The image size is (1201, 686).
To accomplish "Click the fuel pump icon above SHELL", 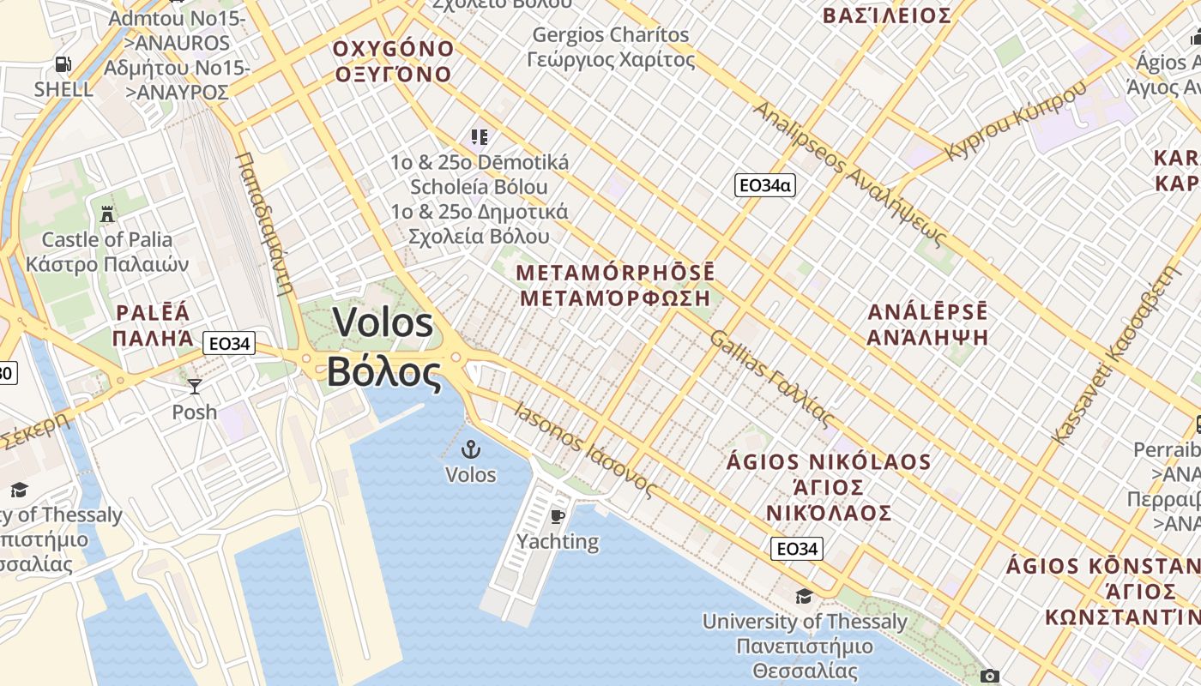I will click(63, 63).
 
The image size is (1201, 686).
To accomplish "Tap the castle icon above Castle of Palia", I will click(107, 213).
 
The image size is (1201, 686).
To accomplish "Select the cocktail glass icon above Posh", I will click(195, 387).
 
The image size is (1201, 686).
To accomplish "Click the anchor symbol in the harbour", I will click(470, 448).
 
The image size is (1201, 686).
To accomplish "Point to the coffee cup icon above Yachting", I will click(557, 515).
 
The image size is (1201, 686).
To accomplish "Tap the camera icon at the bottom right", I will click(989, 676).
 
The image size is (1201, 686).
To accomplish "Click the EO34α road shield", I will click(765, 184).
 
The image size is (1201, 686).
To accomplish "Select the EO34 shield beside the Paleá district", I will click(230, 344).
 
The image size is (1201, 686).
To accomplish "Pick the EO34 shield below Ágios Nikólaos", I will click(796, 548).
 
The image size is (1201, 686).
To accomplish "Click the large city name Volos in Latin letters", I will click(383, 323).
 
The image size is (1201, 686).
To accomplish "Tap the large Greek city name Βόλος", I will click(383, 372).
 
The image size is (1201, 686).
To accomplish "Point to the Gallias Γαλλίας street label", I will click(771, 379).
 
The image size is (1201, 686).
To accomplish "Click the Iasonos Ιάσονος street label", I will click(585, 449).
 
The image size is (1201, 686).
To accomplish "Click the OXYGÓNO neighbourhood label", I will click(392, 48).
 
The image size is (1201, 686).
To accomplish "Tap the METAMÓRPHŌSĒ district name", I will click(615, 273).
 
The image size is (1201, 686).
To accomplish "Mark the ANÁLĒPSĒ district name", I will click(927, 311).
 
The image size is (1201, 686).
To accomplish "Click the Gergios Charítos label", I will click(610, 35).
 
